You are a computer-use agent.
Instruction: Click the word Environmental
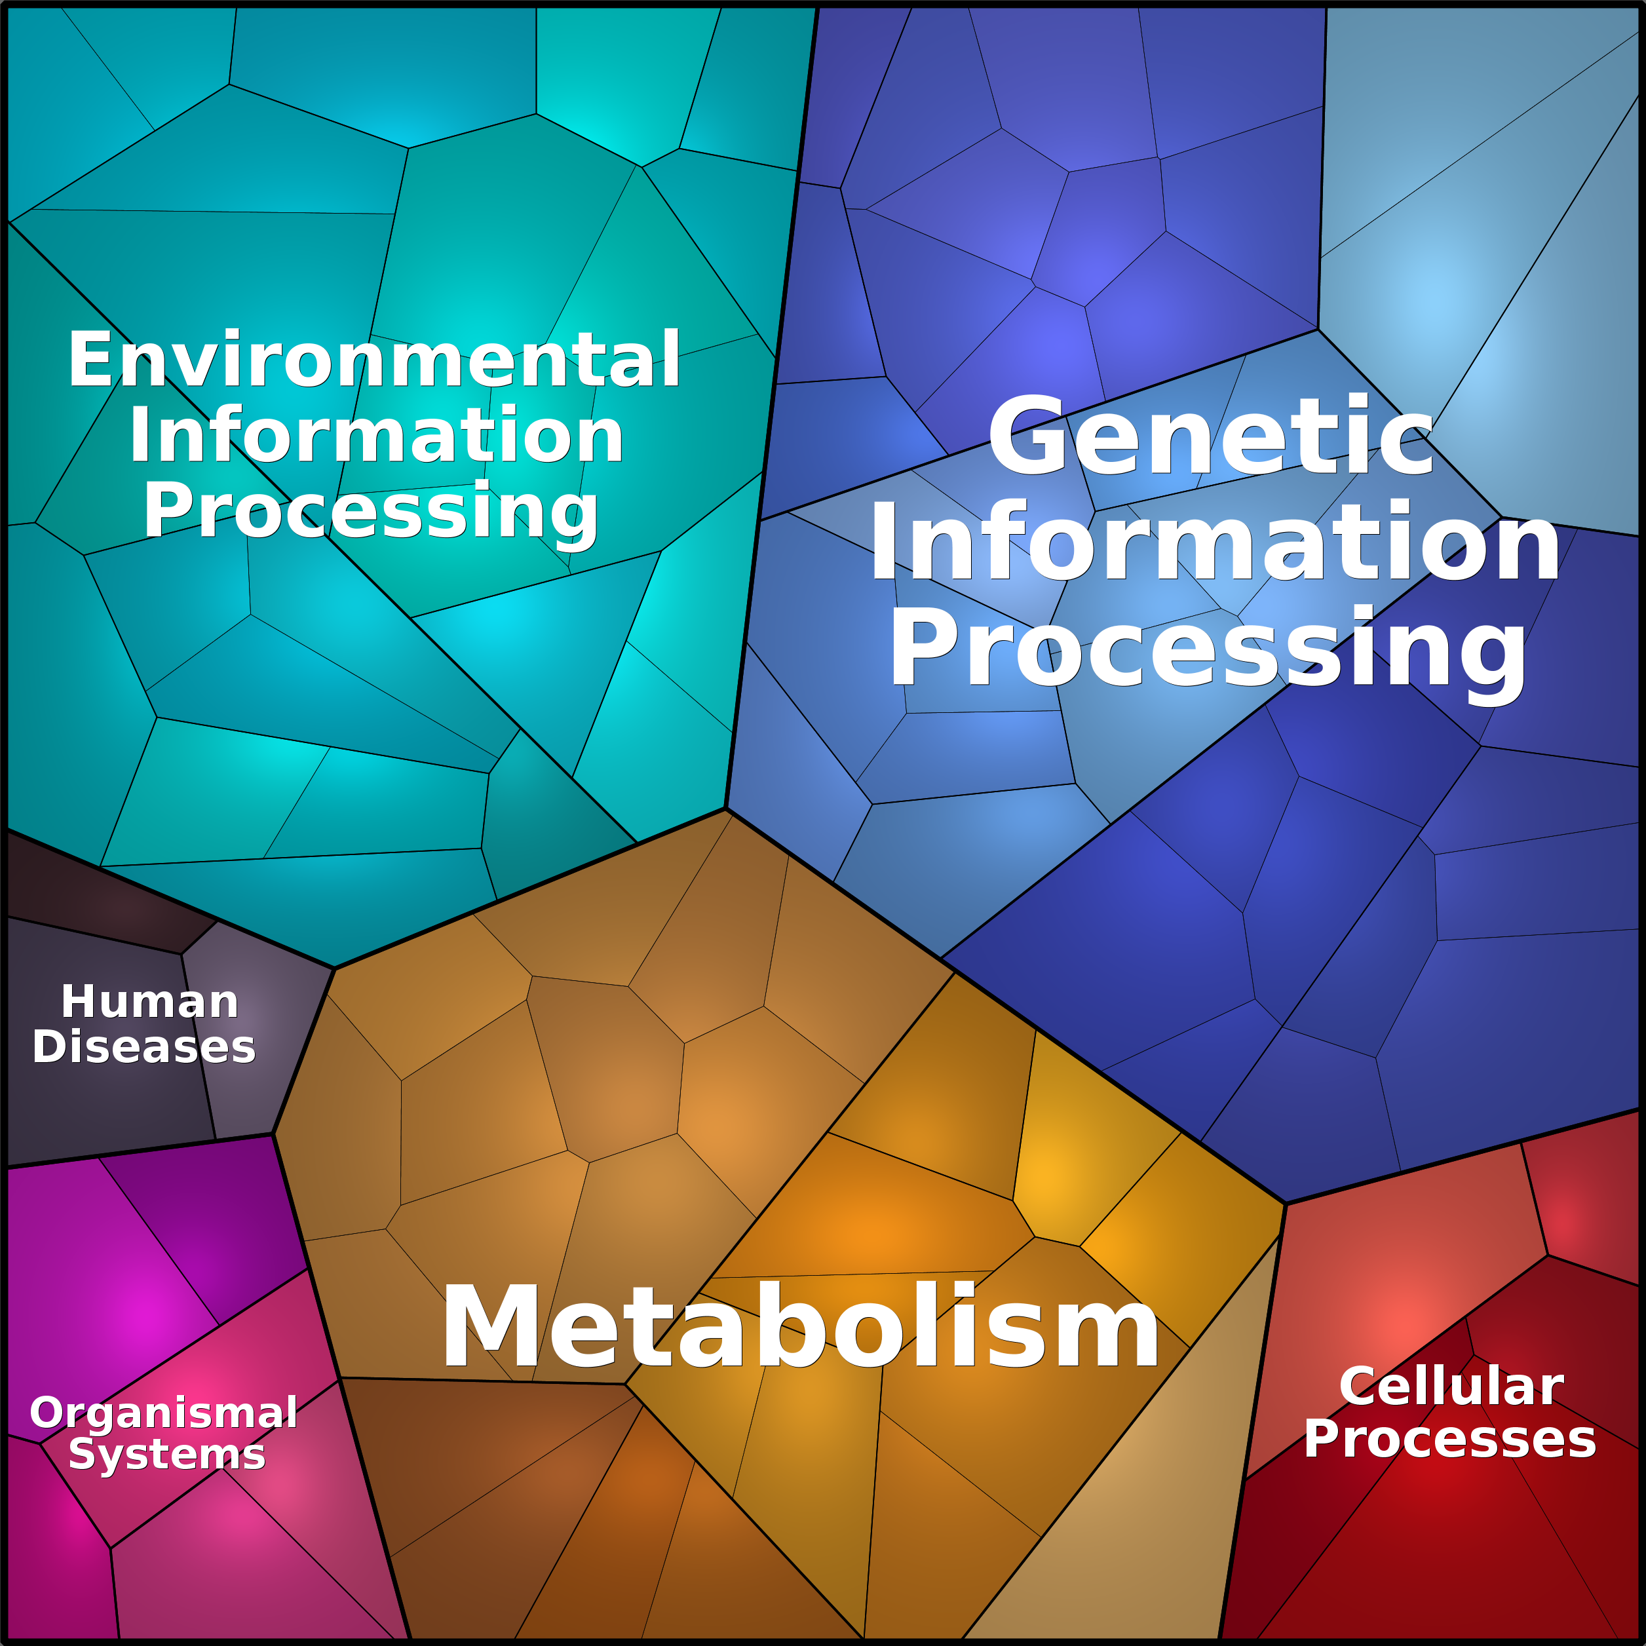click(374, 360)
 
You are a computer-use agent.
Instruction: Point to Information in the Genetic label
click(1215, 542)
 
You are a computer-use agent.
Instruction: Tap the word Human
click(150, 1002)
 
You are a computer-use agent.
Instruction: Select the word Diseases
click(144, 1046)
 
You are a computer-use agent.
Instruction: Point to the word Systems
click(167, 1453)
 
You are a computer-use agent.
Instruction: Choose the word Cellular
click(1451, 1387)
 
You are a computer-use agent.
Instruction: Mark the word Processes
click(1450, 1439)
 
